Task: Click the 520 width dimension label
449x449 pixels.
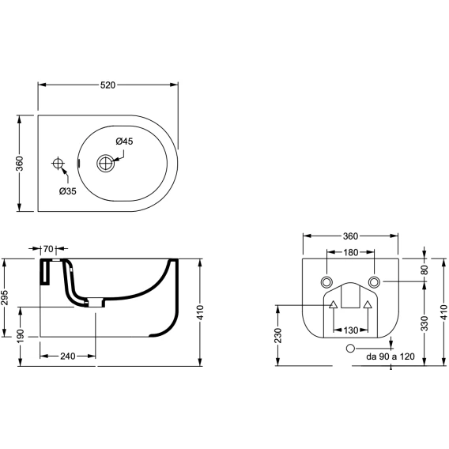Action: click(x=108, y=85)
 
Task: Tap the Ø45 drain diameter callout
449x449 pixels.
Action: click(x=125, y=141)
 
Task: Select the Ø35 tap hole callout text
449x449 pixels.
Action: click(x=68, y=191)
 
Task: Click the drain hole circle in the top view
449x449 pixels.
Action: click(x=106, y=163)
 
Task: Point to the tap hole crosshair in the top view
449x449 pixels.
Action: click(x=58, y=164)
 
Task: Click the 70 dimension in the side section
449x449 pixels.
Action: click(x=48, y=249)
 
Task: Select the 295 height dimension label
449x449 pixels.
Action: click(x=6, y=298)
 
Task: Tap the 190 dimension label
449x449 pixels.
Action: click(x=21, y=337)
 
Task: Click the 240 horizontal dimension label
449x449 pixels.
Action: click(x=68, y=357)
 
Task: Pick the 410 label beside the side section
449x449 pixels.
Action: click(x=200, y=312)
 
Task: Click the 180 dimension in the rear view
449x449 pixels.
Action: click(x=350, y=252)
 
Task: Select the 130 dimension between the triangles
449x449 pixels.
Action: click(x=350, y=330)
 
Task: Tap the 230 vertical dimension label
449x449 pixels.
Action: click(x=278, y=335)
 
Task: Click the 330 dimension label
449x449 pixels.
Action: click(x=424, y=323)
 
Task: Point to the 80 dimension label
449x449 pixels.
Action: click(x=424, y=270)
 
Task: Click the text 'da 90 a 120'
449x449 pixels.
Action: click(x=391, y=357)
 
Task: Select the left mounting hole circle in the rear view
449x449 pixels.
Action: click(x=326, y=282)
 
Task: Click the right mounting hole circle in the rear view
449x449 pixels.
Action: click(x=374, y=282)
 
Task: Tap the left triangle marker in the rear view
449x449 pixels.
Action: click(x=334, y=304)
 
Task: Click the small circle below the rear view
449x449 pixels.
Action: click(x=350, y=349)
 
